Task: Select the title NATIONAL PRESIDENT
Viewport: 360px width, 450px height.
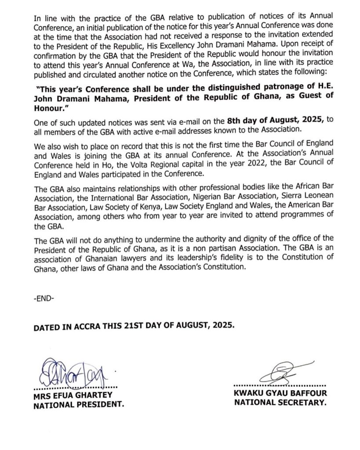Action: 79,405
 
